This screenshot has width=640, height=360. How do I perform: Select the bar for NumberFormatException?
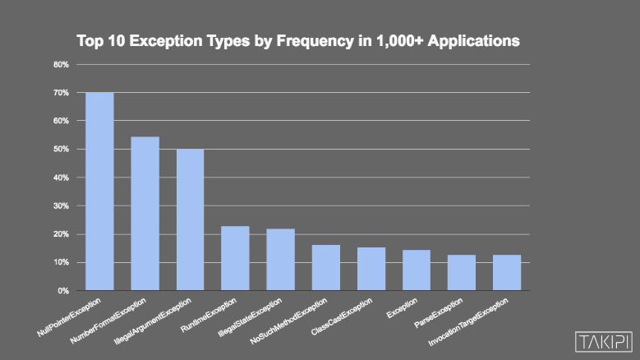pyautogui.click(x=145, y=214)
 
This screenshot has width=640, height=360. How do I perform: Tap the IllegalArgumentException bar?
pyautogui.click(x=191, y=219)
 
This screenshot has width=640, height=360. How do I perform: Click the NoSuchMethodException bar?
pyautogui.click(x=326, y=268)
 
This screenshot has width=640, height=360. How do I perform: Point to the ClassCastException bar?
pyautogui.click(x=371, y=269)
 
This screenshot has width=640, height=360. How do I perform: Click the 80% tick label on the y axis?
pyautogui.click(x=61, y=64)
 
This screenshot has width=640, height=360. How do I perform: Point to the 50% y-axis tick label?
pyautogui.click(x=61, y=150)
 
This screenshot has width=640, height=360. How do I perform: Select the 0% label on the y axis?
pyautogui.click(x=63, y=291)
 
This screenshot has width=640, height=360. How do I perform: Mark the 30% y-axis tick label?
pyautogui.click(x=61, y=206)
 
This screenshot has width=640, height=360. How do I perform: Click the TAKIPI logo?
pyautogui.click(x=603, y=340)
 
